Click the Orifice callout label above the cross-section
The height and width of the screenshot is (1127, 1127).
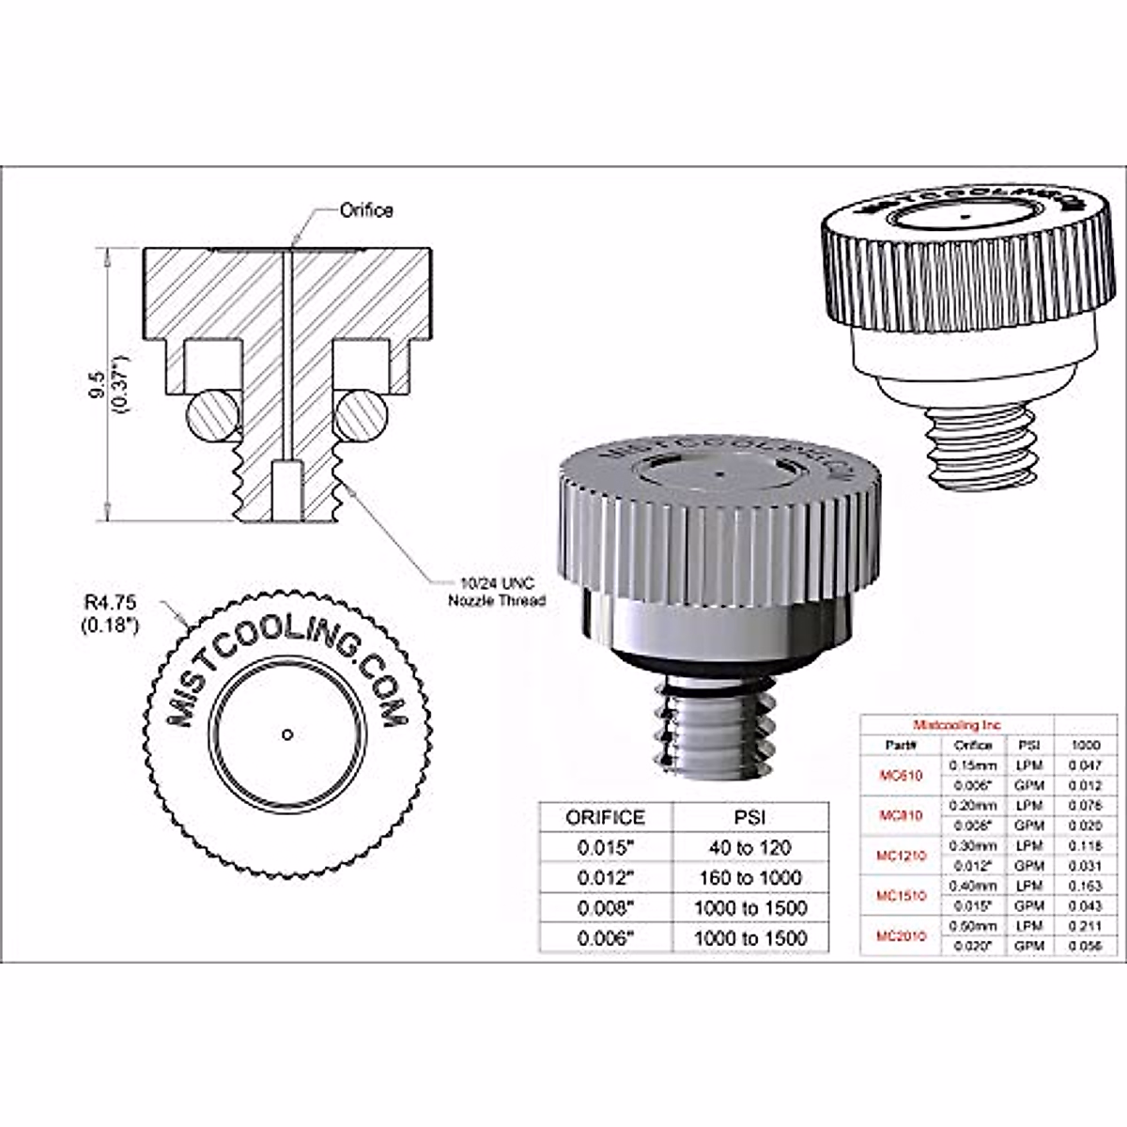click(366, 211)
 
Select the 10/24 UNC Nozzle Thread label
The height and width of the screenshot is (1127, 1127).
click(496, 592)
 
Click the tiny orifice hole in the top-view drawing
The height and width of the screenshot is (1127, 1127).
click(287, 734)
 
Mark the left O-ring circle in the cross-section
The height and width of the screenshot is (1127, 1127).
click(212, 414)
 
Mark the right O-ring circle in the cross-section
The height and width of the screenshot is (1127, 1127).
click(361, 414)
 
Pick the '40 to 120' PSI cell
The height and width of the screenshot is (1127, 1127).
click(749, 847)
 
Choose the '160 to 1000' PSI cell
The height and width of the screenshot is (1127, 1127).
click(749, 877)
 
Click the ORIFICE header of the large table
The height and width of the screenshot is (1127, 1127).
click(606, 817)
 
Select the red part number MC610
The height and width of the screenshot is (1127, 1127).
click(901, 776)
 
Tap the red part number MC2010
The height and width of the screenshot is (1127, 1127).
click(901, 935)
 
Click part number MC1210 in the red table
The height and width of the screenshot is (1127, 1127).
click(901, 856)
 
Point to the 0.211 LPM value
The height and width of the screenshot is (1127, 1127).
click(1086, 926)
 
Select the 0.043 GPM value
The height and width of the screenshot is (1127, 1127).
click(1086, 905)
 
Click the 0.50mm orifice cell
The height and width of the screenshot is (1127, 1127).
click(973, 926)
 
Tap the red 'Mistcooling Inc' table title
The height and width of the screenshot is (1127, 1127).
click(957, 725)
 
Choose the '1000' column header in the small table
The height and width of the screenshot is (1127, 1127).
click(1086, 745)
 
